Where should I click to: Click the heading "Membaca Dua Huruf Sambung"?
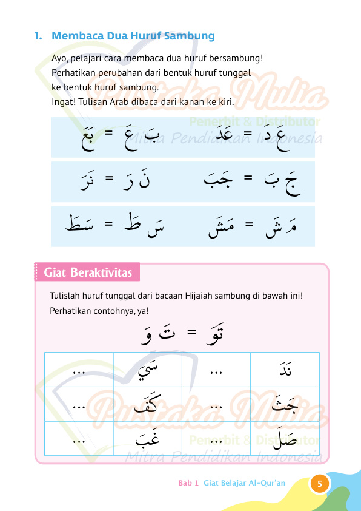133,36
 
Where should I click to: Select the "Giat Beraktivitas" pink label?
88,272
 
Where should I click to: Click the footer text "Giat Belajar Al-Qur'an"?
245,483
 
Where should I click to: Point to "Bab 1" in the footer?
188,483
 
